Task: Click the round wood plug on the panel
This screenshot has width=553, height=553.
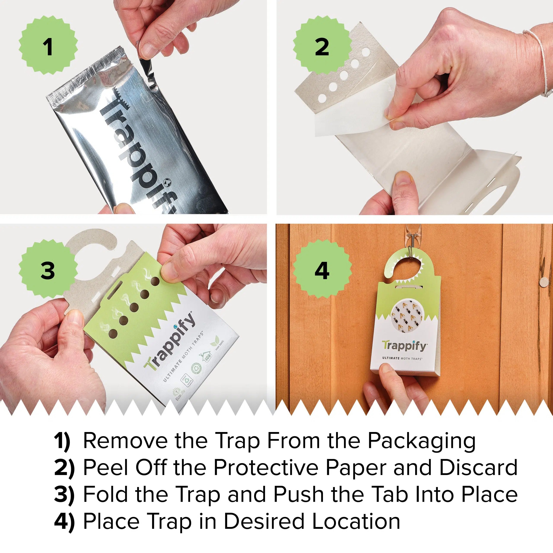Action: [543, 282]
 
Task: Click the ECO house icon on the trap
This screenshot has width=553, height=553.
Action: [206, 356]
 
